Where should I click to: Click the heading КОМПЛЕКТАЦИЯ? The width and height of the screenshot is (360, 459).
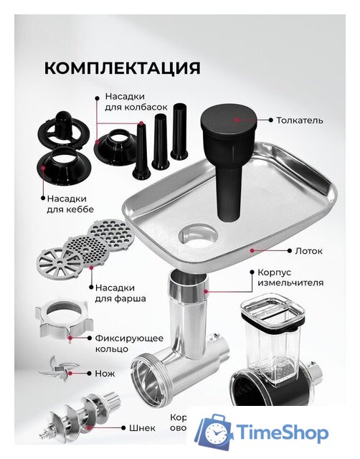122,68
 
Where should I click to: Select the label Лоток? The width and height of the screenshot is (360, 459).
308,251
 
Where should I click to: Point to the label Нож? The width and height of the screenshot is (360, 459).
105,374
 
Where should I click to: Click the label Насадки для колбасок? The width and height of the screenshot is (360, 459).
136,100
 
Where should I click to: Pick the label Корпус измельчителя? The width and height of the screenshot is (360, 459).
288,278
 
